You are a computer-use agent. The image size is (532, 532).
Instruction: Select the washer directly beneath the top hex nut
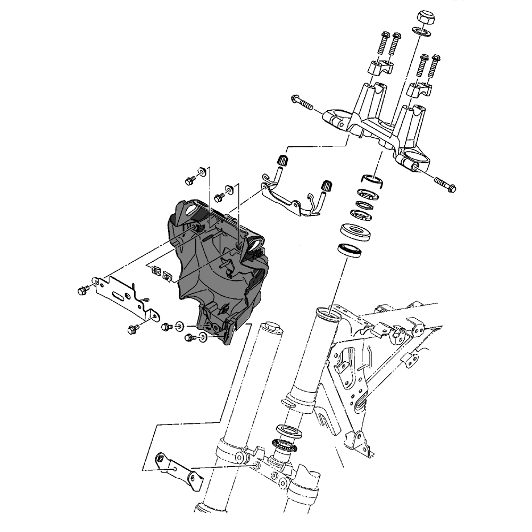[x=422, y=33]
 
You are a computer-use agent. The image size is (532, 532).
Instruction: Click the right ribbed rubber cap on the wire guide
[x=325, y=186]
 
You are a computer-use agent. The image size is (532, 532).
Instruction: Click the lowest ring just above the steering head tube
[x=350, y=249]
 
